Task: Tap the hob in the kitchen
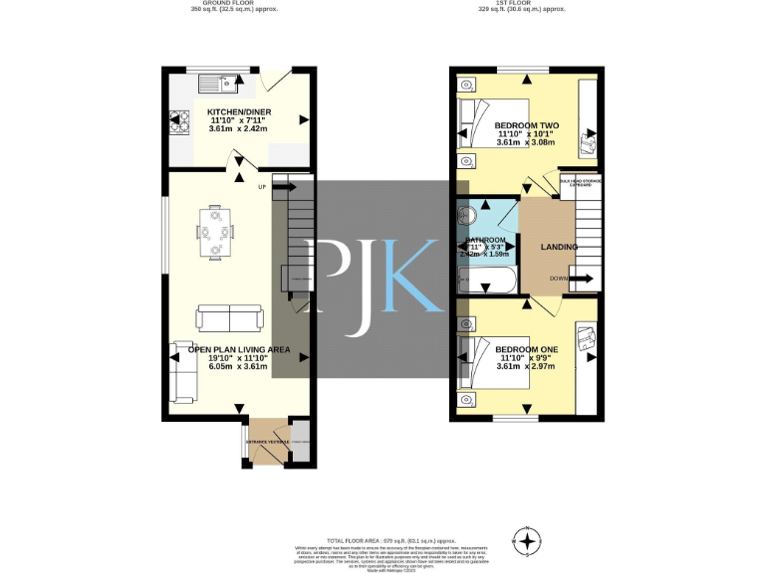pyautogui.click(x=180, y=121)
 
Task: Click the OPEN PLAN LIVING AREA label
pyautogui.click(x=239, y=350)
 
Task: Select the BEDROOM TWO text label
pyautogui.click(x=525, y=125)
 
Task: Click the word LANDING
pyautogui.click(x=558, y=247)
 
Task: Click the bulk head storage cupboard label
pyautogui.click(x=580, y=182)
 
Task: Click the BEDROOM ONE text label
pyautogui.click(x=526, y=350)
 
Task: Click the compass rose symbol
pyautogui.click(x=527, y=540)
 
